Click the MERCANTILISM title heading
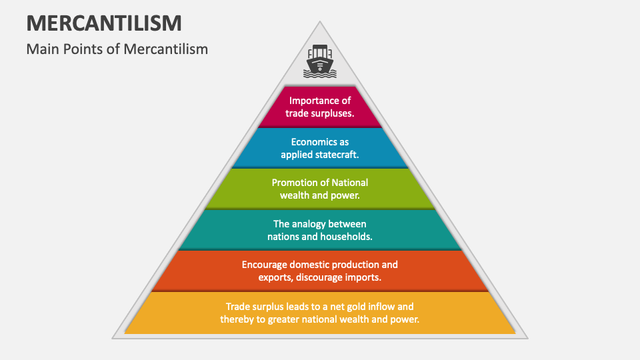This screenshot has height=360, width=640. [104, 23]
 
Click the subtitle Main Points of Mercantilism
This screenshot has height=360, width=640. [117, 49]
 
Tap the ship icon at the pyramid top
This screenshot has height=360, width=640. [320, 62]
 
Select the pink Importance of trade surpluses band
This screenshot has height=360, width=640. [320, 107]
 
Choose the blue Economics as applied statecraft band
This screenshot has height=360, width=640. [320, 148]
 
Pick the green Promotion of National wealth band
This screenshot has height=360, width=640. [320, 189]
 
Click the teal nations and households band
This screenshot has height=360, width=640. [320, 230]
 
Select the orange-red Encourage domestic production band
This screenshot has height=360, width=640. [320, 271]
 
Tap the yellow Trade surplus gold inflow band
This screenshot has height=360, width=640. [320, 313]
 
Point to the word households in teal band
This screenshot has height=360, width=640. [346, 237]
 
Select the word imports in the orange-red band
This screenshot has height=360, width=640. [360, 277]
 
